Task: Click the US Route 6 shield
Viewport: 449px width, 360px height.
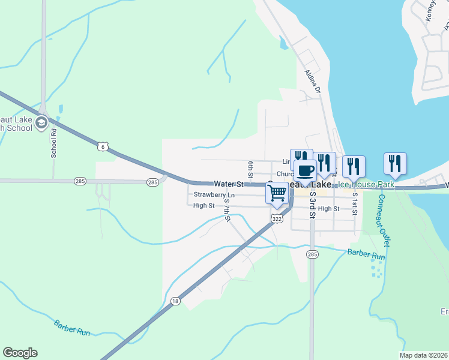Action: pos(103,146)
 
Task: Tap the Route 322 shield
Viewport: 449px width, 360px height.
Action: pos(276,220)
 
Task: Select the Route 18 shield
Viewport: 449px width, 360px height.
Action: pos(175,302)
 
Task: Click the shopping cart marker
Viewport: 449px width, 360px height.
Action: pos(277,194)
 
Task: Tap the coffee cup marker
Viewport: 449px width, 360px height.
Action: pos(305,171)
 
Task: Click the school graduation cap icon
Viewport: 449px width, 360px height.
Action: pos(41,124)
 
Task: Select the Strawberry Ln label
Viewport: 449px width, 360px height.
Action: pos(214,195)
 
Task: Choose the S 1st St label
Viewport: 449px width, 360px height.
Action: pos(355,204)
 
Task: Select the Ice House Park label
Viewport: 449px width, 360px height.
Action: pos(367,185)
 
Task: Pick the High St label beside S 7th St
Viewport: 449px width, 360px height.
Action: pos(204,206)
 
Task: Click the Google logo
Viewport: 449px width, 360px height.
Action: pos(20,353)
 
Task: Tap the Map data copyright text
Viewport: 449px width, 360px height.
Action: pos(423,355)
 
